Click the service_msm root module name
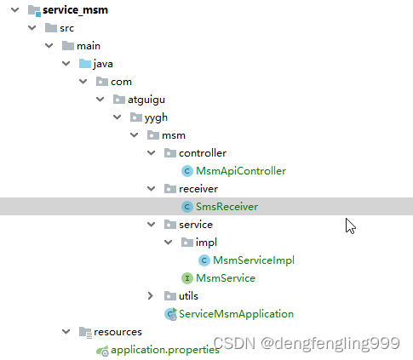coord(75,10)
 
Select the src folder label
coord(66,28)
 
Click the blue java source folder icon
coord(85,64)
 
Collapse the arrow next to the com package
coord(83,82)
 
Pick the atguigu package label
coord(146,100)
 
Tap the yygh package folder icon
coord(136,117)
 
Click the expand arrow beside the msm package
coord(134,135)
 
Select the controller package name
coord(203,153)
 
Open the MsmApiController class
coord(241,171)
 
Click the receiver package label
coord(198,189)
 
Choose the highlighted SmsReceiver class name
coord(227,207)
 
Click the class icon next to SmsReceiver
coord(187,207)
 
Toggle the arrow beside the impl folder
coord(169,243)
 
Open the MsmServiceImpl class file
coord(254,260)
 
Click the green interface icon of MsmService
coord(187,278)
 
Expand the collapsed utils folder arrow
coord(151,296)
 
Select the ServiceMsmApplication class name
coord(236,314)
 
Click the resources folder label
coord(118,332)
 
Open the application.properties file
coord(165,350)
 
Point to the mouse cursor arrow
coord(350,226)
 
